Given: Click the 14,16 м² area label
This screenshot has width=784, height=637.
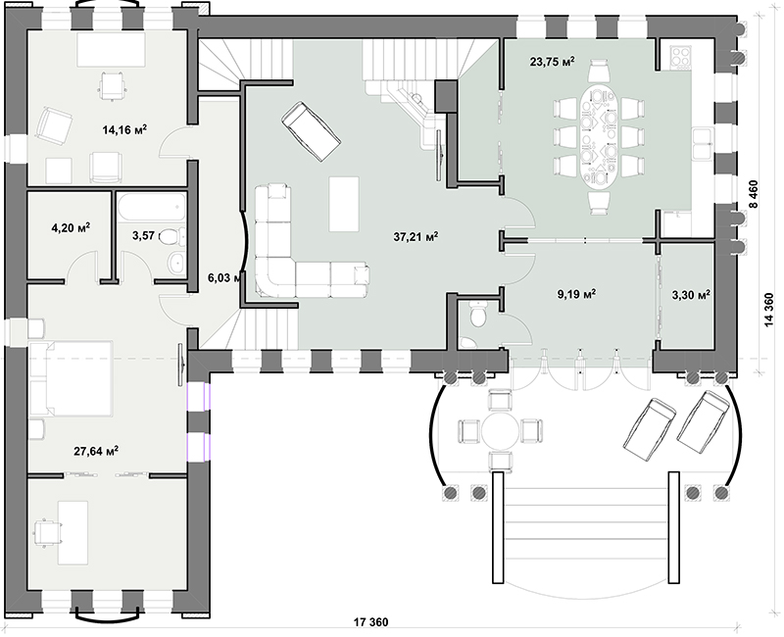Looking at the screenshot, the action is [124, 130].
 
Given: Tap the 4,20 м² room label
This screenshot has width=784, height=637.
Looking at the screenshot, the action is [71, 228].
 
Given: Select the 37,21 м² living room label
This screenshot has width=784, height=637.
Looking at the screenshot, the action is [416, 236].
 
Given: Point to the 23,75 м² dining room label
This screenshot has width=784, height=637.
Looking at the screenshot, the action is [552, 62].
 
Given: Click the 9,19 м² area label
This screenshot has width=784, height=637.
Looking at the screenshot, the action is [576, 294].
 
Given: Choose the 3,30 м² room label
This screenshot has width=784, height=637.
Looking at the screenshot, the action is [691, 295].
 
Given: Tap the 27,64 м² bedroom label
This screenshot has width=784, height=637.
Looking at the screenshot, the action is [96, 451].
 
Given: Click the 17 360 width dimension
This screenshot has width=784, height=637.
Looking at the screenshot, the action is [370, 622].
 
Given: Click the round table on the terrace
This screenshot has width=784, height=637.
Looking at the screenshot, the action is [501, 431].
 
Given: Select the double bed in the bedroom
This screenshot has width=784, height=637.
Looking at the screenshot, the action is [71, 379].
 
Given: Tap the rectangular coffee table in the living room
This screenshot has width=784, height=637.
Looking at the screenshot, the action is [344, 204].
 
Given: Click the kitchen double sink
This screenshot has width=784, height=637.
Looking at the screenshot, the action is [703, 143].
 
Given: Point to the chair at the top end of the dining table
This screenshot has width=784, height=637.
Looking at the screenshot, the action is [599, 70].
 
